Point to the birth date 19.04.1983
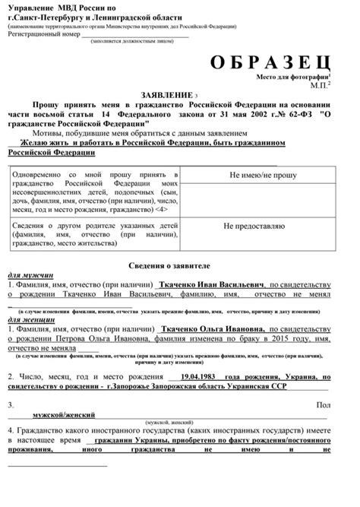pyautogui.click(x=203, y=375)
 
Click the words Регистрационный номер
pyautogui.click(x=44, y=34)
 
